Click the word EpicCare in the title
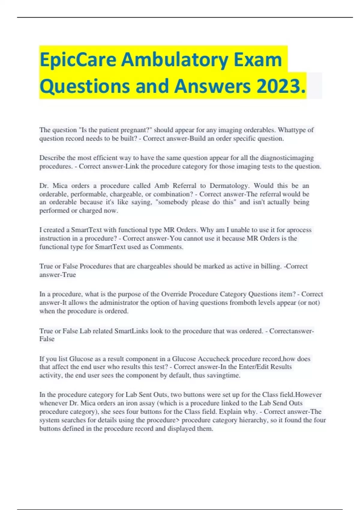click(78, 60)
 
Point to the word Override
click(174, 294)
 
